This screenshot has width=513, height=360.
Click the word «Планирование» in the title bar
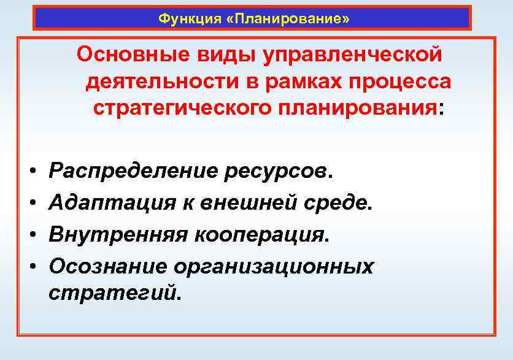(x=288, y=18)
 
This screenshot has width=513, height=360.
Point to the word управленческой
(x=352, y=54)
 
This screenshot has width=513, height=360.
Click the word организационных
(x=273, y=266)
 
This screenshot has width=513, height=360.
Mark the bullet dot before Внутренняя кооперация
(x=30, y=234)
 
